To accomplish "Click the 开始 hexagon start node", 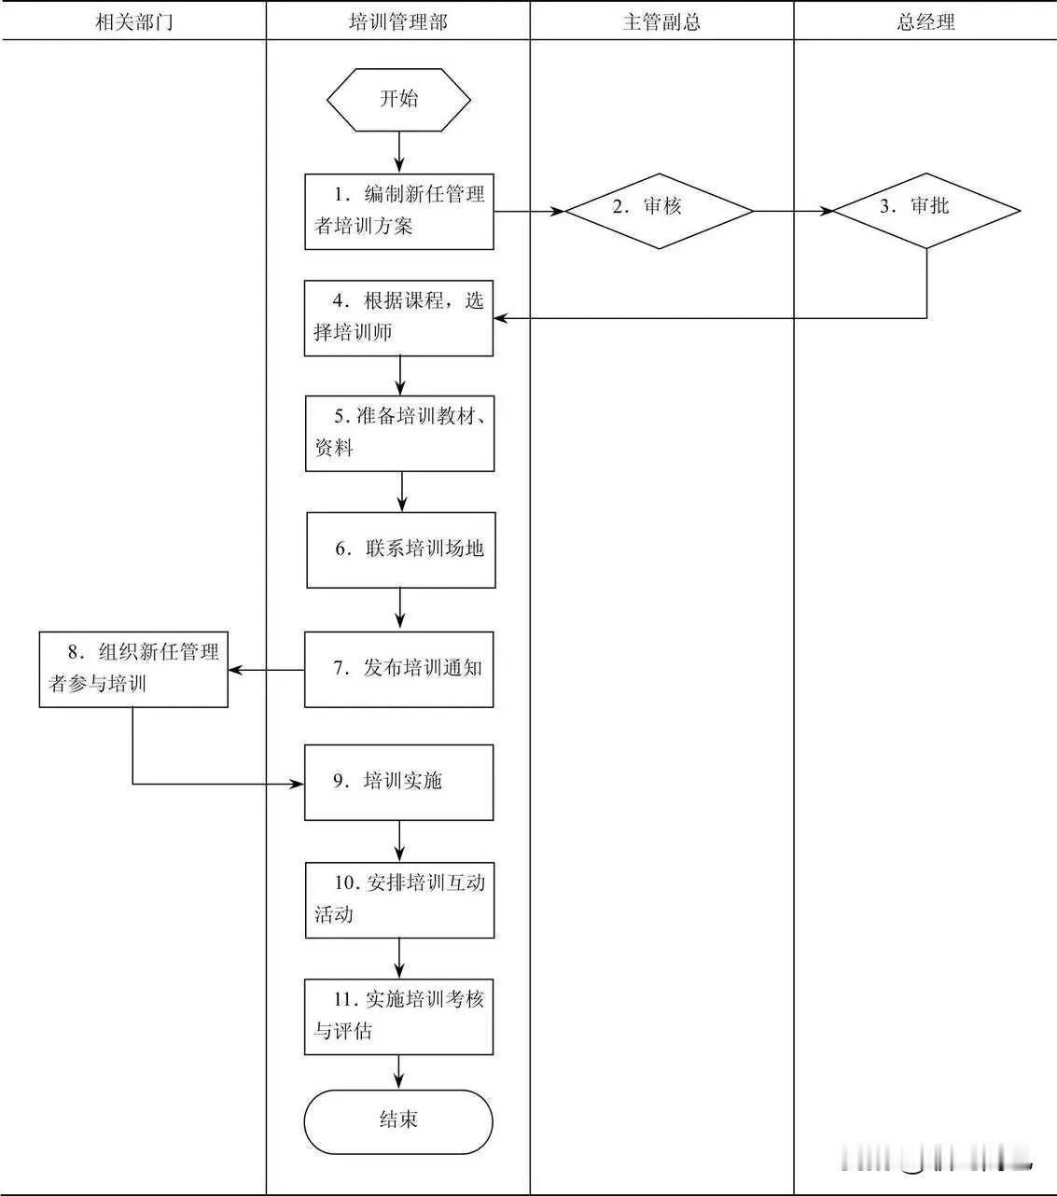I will pos(398,99).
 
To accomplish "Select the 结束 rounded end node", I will pos(398,1120).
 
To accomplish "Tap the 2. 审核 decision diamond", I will pos(660,211).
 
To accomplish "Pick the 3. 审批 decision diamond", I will pos(925,211).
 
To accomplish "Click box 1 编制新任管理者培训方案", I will pos(399,211).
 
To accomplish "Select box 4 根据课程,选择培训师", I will pos(398,318).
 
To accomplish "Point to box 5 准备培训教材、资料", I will pos(399,433).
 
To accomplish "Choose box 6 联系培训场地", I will pos(401,549).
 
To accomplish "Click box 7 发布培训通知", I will pos(398,669).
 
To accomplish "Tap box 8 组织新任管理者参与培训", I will pos(133,669).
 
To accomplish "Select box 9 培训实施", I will pos(398,782).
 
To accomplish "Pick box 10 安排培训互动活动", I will pos(399,899).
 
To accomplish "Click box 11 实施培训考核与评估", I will pos(398,1016).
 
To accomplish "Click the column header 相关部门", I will pos(133,22).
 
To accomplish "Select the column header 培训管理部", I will pos(397,22).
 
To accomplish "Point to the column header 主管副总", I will pos(661,22).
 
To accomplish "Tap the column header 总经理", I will pos(925,22).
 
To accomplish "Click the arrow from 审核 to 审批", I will pos(793,211).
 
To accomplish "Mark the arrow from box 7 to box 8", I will pos(267,669).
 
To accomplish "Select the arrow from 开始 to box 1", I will pos(399,152).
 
